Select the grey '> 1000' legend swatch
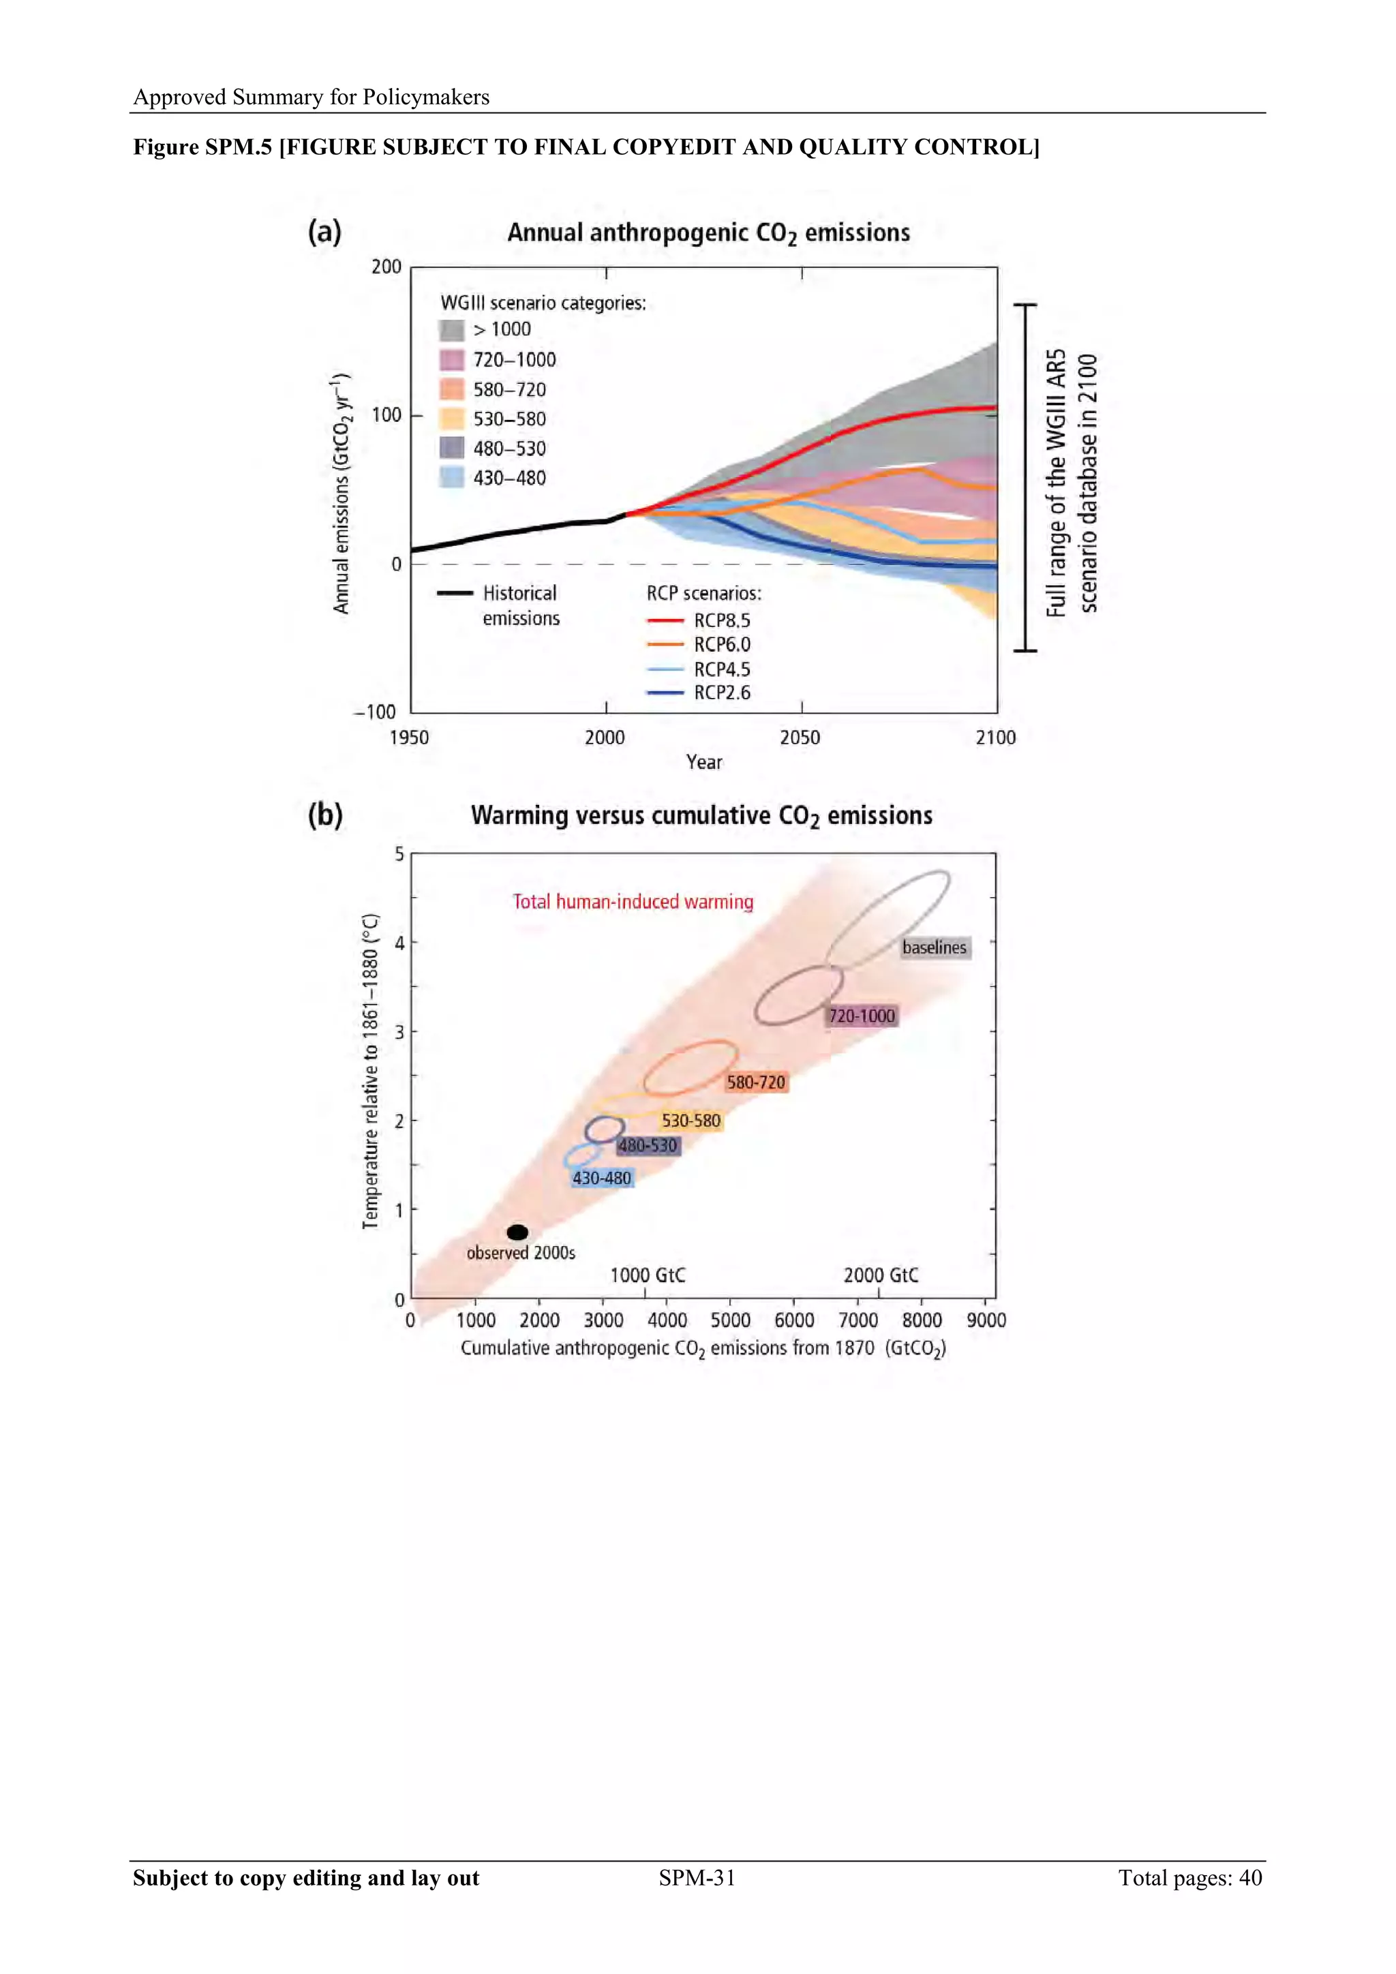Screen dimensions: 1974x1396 [x=451, y=330]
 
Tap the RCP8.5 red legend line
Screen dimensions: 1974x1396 [x=665, y=620]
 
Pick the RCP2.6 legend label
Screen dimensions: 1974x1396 [x=722, y=693]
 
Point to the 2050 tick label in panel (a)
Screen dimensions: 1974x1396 [x=800, y=738]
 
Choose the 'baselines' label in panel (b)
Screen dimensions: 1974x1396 [x=935, y=947]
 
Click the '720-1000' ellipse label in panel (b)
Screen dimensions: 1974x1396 [x=862, y=1016]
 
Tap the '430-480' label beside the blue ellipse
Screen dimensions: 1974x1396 [x=602, y=1178]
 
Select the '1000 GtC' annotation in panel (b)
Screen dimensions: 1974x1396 [x=648, y=1275]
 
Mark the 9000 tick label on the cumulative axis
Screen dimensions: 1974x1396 [x=986, y=1320]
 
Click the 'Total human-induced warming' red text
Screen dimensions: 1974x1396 [x=633, y=902]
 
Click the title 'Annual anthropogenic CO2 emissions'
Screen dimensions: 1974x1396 [x=708, y=233]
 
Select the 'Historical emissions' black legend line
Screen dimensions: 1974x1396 [x=455, y=593]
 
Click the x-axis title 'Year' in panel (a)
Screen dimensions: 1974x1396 [x=704, y=763]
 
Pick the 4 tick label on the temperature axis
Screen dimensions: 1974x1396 [x=399, y=943]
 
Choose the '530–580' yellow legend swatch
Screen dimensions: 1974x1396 [x=451, y=419]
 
